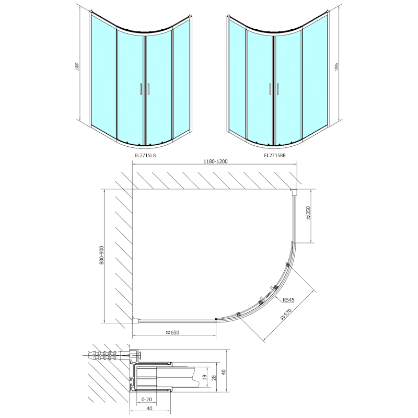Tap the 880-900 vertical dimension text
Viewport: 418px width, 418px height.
click(x=100, y=256)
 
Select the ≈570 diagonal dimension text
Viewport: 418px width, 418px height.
click(x=285, y=313)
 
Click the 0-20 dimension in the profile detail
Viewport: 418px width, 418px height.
click(x=147, y=399)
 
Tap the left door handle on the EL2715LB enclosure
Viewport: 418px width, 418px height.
click(x=140, y=89)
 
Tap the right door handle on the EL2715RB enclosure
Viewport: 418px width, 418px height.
click(x=278, y=89)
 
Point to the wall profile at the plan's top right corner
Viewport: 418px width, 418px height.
click(x=295, y=192)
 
